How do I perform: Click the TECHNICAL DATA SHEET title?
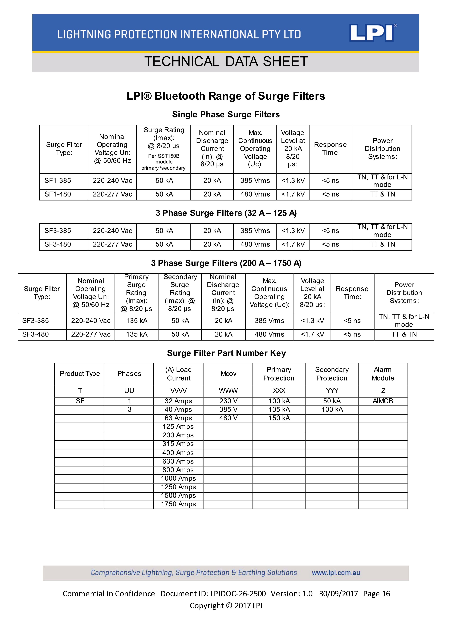(226, 61)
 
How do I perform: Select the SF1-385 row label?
(58, 181)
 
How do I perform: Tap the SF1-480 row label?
(58, 194)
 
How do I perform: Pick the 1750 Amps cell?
(178, 504)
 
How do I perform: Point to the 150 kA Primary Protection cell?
(279, 418)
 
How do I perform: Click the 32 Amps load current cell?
(178, 401)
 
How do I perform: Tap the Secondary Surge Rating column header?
(180, 293)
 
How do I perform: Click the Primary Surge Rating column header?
(136, 293)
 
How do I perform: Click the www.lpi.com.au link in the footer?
(336, 573)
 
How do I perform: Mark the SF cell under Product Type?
(80, 401)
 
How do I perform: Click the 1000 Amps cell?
(178, 478)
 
